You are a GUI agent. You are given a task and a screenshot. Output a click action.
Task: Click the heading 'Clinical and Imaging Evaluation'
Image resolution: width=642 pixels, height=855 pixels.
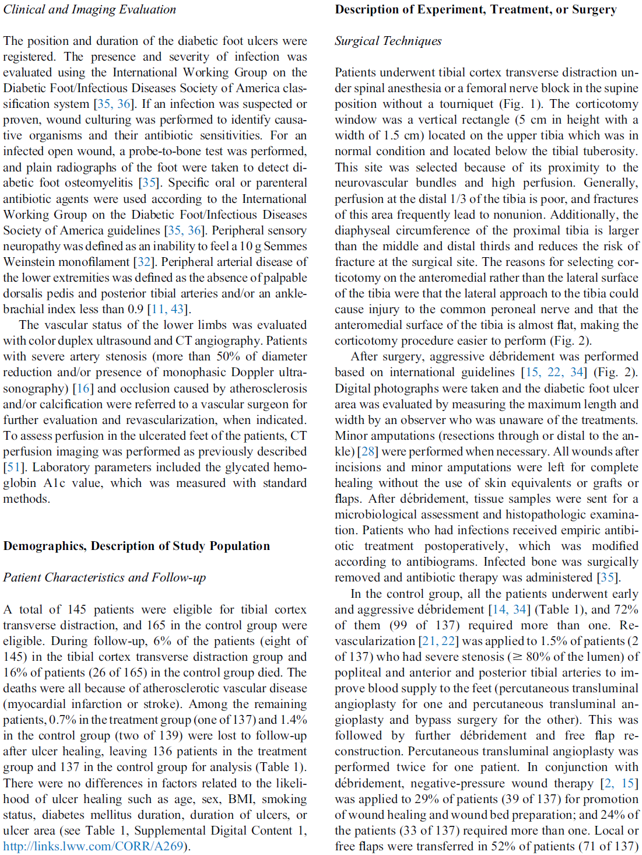point(89,10)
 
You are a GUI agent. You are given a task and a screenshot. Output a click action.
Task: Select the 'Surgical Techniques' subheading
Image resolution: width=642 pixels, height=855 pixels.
point(388,41)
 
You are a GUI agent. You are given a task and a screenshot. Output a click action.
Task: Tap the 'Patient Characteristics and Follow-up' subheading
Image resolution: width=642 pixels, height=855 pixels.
point(104,578)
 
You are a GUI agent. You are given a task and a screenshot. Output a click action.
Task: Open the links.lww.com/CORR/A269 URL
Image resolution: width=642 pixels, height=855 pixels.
point(93,846)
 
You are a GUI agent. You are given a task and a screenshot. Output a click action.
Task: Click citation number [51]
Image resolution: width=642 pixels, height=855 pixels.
point(14,468)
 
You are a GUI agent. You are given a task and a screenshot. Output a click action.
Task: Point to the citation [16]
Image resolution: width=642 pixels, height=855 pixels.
point(83,389)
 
